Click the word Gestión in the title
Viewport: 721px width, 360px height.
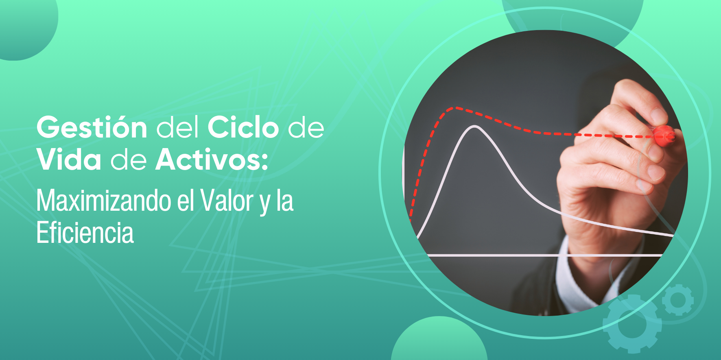pos(92,127)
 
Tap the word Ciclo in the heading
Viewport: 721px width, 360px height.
pos(243,127)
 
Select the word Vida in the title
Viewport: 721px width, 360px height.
pos(69,159)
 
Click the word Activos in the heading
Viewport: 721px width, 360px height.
pos(207,159)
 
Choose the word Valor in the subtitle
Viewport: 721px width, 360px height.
pos(227,201)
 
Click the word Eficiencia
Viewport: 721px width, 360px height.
pos(85,233)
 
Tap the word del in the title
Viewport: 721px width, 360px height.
pos(178,127)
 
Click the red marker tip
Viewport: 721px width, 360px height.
pos(664,135)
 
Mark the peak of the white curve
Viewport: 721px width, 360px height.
pos(475,127)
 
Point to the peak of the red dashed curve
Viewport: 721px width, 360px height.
pos(455,108)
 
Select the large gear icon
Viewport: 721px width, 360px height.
pos(632,324)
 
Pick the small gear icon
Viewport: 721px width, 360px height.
pos(677,300)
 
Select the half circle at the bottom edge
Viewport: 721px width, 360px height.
pos(439,338)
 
